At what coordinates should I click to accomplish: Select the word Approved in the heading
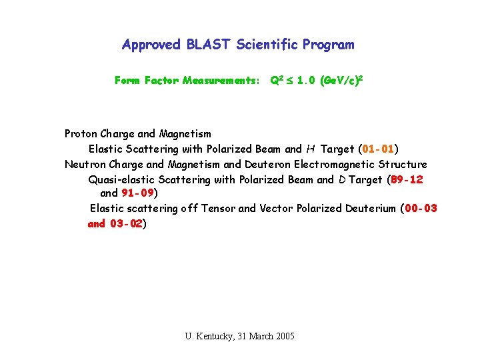pos(151,45)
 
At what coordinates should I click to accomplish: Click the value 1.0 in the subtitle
pos(307,81)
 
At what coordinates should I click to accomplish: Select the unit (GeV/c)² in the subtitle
pos(341,81)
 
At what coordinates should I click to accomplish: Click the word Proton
pos(82,134)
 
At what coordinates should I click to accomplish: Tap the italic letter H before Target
pos(310,149)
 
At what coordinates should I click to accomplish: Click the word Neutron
pos(86,164)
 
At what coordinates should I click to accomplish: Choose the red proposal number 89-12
pos(407,179)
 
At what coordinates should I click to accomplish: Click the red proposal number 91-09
pos(138,193)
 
